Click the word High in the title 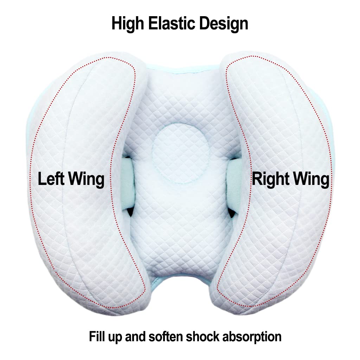pyautogui.click(x=128, y=24)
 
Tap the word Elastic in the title pyautogui.click(x=172, y=23)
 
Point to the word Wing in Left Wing pyautogui.click(x=86, y=180)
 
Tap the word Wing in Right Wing pyautogui.click(x=311, y=180)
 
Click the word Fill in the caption pyautogui.click(x=95, y=336)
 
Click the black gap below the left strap pyautogui.click(x=130, y=212)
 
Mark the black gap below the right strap pyautogui.click(x=231, y=213)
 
